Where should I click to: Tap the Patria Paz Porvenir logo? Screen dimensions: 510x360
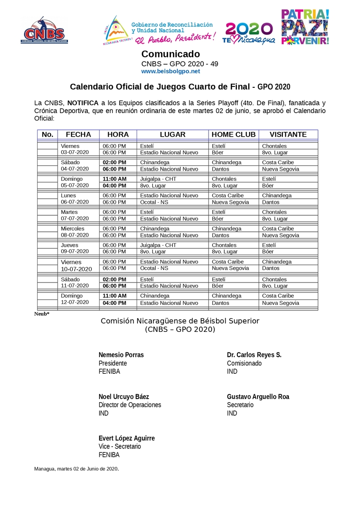[x=305, y=27]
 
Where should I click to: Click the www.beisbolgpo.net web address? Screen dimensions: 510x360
[x=171, y=71]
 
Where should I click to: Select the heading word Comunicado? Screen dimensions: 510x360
[x=171, y=54]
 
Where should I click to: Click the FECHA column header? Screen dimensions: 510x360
[x=78, y=134]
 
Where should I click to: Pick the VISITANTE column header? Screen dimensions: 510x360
[x=288, y=134]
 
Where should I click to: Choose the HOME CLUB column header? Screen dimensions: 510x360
[x=233, y=134]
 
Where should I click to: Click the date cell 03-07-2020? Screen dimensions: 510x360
[x=75, y=152]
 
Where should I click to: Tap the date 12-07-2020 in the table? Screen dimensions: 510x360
[x=75, y=302]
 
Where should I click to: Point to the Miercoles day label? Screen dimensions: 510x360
[x=72, y=229]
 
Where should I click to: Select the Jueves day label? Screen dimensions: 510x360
[x=70, y=245]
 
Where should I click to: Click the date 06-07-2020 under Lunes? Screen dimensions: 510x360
[x=75, y=202]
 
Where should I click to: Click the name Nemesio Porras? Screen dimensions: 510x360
[x=121, y=355]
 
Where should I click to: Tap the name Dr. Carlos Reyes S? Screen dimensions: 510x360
[x=254, y=355]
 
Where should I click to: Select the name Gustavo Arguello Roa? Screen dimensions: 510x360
[x=258, y=397]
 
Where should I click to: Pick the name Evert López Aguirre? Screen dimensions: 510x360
[x=127, y=438]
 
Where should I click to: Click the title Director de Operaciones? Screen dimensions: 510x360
[x=130, y=405]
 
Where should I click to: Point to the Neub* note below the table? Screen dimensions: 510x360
[x=42, y=314]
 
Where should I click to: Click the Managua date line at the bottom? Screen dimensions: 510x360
[x=76, y=469]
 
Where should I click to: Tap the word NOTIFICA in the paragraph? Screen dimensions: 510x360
[x=83, y=103]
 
